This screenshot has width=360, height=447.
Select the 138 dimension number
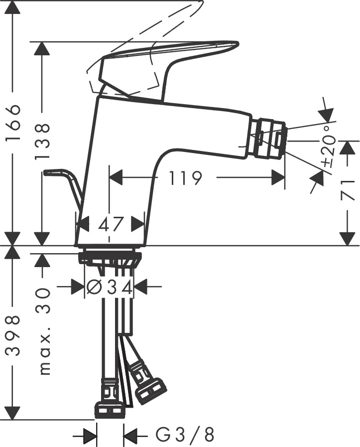point(44,142)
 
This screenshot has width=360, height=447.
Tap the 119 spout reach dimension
point(185,177)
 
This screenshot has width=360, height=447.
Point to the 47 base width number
point(111,224)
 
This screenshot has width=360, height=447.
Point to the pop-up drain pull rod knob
point(50,173)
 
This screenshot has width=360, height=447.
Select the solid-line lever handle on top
point(164,60)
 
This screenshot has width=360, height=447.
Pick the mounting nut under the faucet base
point(110,258)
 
